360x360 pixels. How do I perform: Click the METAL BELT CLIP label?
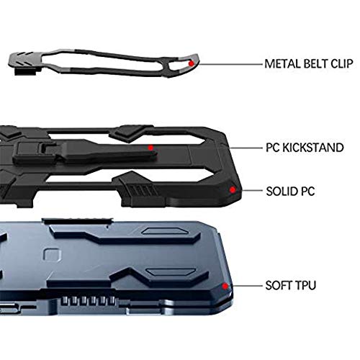[309, 64]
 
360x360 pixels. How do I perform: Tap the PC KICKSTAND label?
[305, 148]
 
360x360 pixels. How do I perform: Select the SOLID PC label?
[290, 192]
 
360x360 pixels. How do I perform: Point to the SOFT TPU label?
[291, 285]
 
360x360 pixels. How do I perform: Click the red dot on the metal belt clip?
[192, 63]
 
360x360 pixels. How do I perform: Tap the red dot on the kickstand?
[150, 148]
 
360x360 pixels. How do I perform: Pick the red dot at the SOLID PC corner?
[233, 190]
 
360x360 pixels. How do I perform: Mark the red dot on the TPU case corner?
[225, 286]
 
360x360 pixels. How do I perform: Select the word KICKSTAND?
[313, 148]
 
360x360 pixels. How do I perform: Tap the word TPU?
[305, 285]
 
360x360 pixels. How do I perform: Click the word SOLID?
[281, 192]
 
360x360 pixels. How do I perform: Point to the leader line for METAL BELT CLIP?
[230, 64]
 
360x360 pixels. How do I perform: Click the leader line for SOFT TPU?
[247, 286]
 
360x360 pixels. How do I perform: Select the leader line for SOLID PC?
[252, 191]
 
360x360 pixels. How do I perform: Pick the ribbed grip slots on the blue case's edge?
[88, 301]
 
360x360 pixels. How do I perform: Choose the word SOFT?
[279, 285]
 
